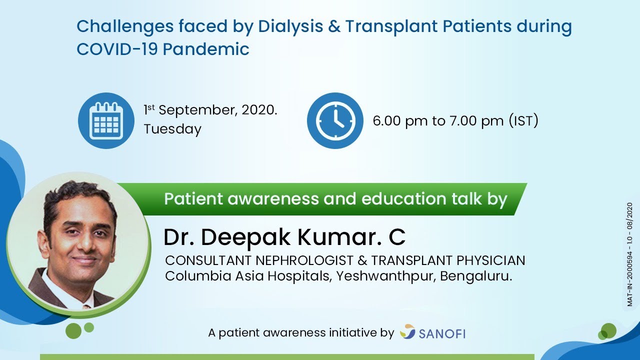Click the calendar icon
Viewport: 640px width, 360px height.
[106, 120]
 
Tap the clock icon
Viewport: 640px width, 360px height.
[335, 120]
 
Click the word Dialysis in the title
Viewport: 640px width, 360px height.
[290, 27]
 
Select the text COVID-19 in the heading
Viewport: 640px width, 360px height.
[117, 49]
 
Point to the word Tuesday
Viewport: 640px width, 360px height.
[172, 129]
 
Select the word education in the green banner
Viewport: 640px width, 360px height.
[403, 198]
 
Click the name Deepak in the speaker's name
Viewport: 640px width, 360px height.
[246, 237]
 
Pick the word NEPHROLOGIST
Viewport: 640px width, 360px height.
[304, 260]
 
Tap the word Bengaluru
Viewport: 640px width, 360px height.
[476, 276]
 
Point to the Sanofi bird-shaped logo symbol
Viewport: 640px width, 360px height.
[407, 331]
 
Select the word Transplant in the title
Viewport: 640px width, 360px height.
[391, 27]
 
